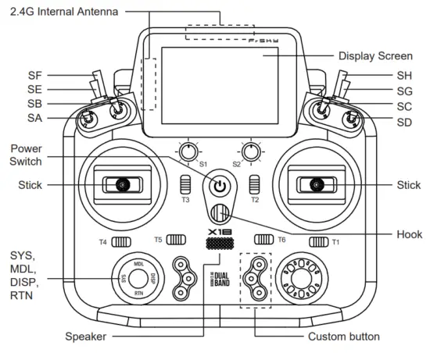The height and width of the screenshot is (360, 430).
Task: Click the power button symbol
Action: pos(220,187)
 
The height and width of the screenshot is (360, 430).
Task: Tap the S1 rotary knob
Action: pos(188,151)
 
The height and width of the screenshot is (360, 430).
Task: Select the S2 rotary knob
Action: pos(251,151)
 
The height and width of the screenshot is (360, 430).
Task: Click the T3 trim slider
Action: pos(185,184)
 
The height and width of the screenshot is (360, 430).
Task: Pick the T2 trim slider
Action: pos(255,184)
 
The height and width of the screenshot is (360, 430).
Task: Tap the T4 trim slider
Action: pos(121,242)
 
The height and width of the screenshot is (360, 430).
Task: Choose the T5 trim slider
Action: pos(176,240)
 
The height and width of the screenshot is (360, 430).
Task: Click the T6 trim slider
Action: pos(263,240)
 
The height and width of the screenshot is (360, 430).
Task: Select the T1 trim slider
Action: pos(319,242)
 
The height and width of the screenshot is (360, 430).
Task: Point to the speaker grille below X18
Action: pos(220,244)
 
